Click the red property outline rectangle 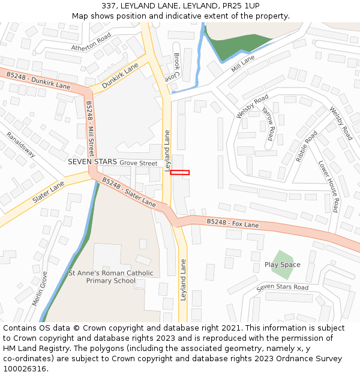click(180, 173)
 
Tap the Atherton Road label click(92, 42)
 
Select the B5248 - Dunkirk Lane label click(38, 80)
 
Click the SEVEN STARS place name click(92, 162)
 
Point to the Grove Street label click(138, 163)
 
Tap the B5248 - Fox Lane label click(233, 223)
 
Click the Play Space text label click(282, 265)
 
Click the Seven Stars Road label click(282, 288)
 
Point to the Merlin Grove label click(40, 288)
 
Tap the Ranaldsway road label click(21, 145)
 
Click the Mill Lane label click(243, 64)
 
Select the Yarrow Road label click(268, 121)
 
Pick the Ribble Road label click(307, 146)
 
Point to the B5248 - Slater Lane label click(128, 192)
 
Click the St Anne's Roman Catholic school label click(111, 277)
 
